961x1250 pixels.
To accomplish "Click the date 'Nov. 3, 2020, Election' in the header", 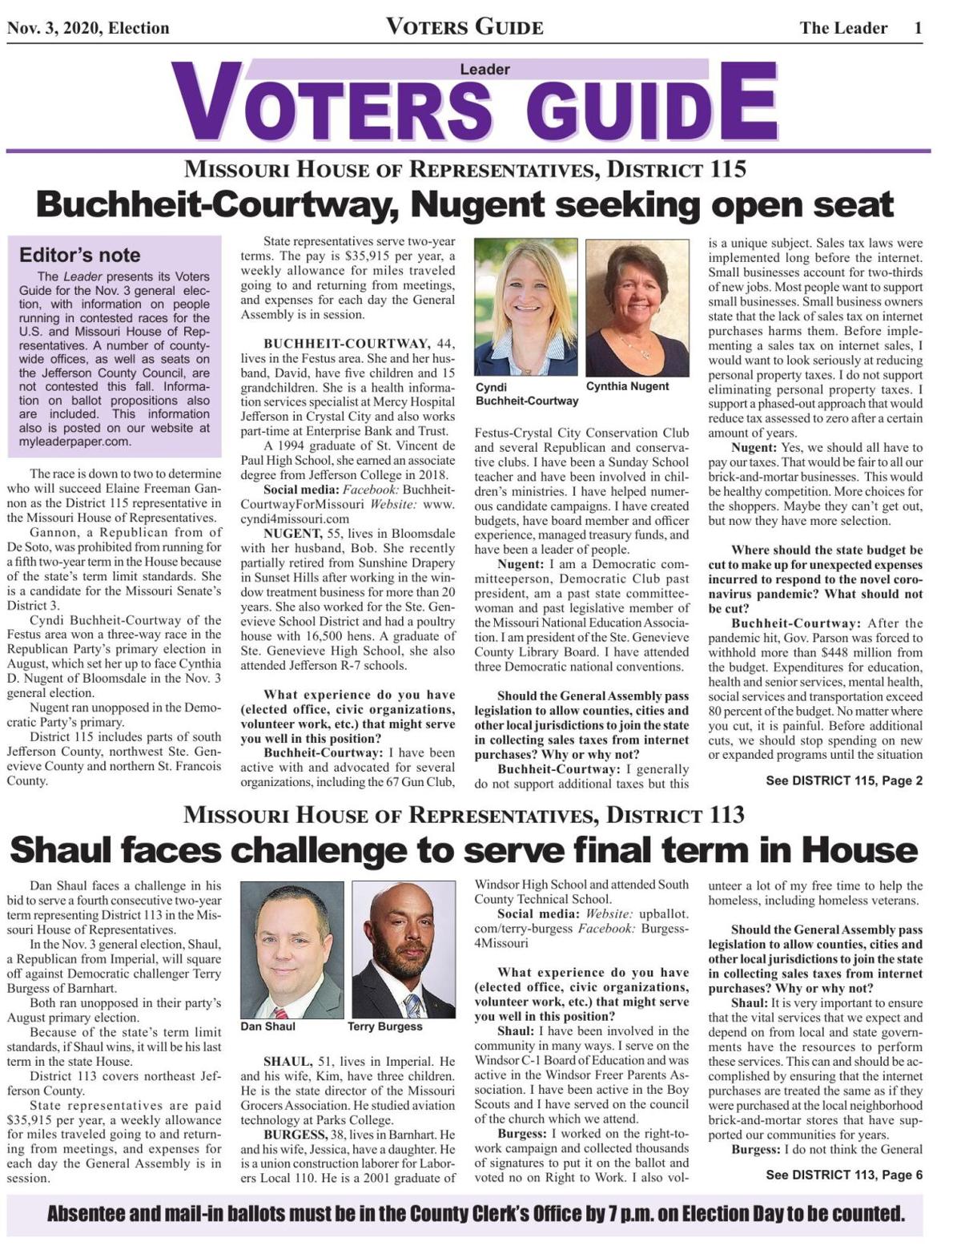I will pyautogui.click(x=88, y=28).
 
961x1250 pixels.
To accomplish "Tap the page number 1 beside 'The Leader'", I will pyautogui.click(x=919, y=28).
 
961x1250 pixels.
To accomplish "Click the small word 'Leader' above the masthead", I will pyautogui.click(x=485, y=70).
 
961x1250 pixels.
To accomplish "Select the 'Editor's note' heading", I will pyautogui.click(x=79, y=256).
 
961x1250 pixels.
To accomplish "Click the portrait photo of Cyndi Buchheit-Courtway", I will pyautogui.click(x=525, y=307).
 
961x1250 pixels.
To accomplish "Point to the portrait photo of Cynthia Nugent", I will pyautogui.click(x=637, y=307).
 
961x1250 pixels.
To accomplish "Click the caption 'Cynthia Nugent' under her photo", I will pyautogui.click(x=627, y=386).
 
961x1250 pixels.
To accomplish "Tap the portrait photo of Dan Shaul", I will pyautogui.click(x=292, y=950).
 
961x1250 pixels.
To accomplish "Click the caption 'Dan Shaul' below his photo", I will pyautogui.click(x=267, y=1026).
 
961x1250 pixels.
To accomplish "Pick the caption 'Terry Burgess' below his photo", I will pyautogui.click(x=384, y=1026).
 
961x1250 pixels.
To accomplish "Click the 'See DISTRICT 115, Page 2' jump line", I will pyautogui.click(x=844, y=780).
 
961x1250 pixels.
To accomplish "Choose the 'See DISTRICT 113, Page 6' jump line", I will pyautogui.click(x=844, y=1175).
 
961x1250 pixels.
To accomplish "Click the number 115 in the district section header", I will pyautogui.click(x=726, y=170).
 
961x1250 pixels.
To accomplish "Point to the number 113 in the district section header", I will pyautogui.click(x=726, y=816).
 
